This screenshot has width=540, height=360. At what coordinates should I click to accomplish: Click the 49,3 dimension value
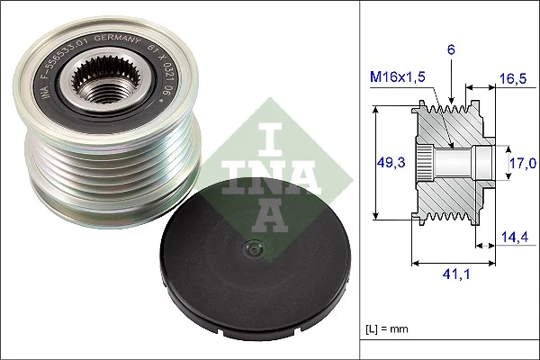389,162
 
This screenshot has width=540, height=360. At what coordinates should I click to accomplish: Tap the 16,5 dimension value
512,79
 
